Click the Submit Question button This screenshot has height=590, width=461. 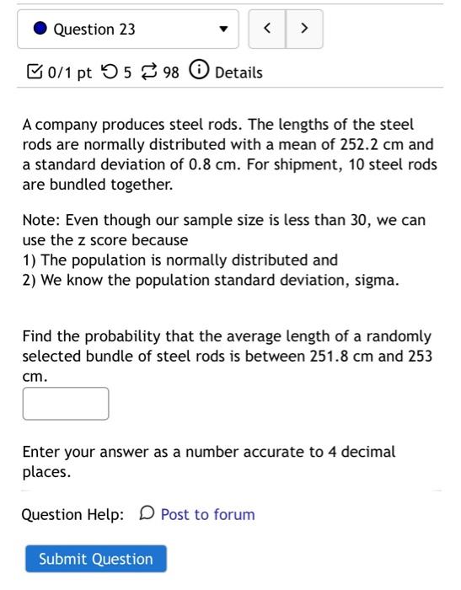pos(96,559)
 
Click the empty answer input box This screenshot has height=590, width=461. pos(66,404)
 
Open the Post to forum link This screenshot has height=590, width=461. pos(207,514)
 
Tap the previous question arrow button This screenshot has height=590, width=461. pos(267,29)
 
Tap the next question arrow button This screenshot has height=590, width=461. pos(304,29)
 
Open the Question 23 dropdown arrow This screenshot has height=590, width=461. pos(223,29)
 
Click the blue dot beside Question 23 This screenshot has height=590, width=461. pos(40,29)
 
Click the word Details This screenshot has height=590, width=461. pos(239,72)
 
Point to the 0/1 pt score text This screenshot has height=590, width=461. pos(71,72)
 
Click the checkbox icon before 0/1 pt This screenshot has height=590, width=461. pos(34,72)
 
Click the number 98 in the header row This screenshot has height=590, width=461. pos(171,72)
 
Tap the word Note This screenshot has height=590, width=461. pos(40,220)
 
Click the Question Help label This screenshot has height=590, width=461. pos(72,514)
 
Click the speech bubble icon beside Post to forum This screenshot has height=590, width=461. pos(147,513)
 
